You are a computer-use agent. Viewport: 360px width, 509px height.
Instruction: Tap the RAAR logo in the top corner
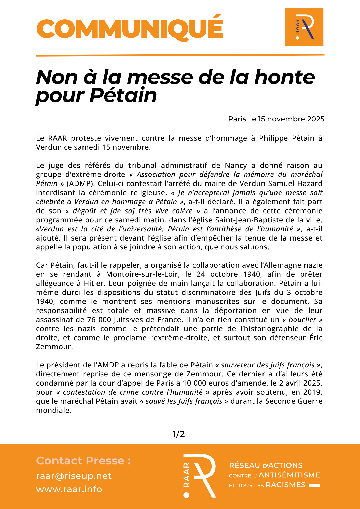coord(304,27)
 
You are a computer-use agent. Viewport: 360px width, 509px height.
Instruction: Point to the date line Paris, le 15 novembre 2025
coord(276,119)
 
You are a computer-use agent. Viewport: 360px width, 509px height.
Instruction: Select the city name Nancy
coord(236,165)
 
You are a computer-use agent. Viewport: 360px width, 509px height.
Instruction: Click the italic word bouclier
coord(302,319)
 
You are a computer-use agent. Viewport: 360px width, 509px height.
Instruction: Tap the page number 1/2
coord(179,434)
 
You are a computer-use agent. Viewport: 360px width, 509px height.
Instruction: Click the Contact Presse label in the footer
coord(84,461)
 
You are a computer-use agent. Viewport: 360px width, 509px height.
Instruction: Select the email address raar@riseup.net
coord(74,476)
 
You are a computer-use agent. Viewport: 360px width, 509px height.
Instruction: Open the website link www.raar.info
coord(69,489)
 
